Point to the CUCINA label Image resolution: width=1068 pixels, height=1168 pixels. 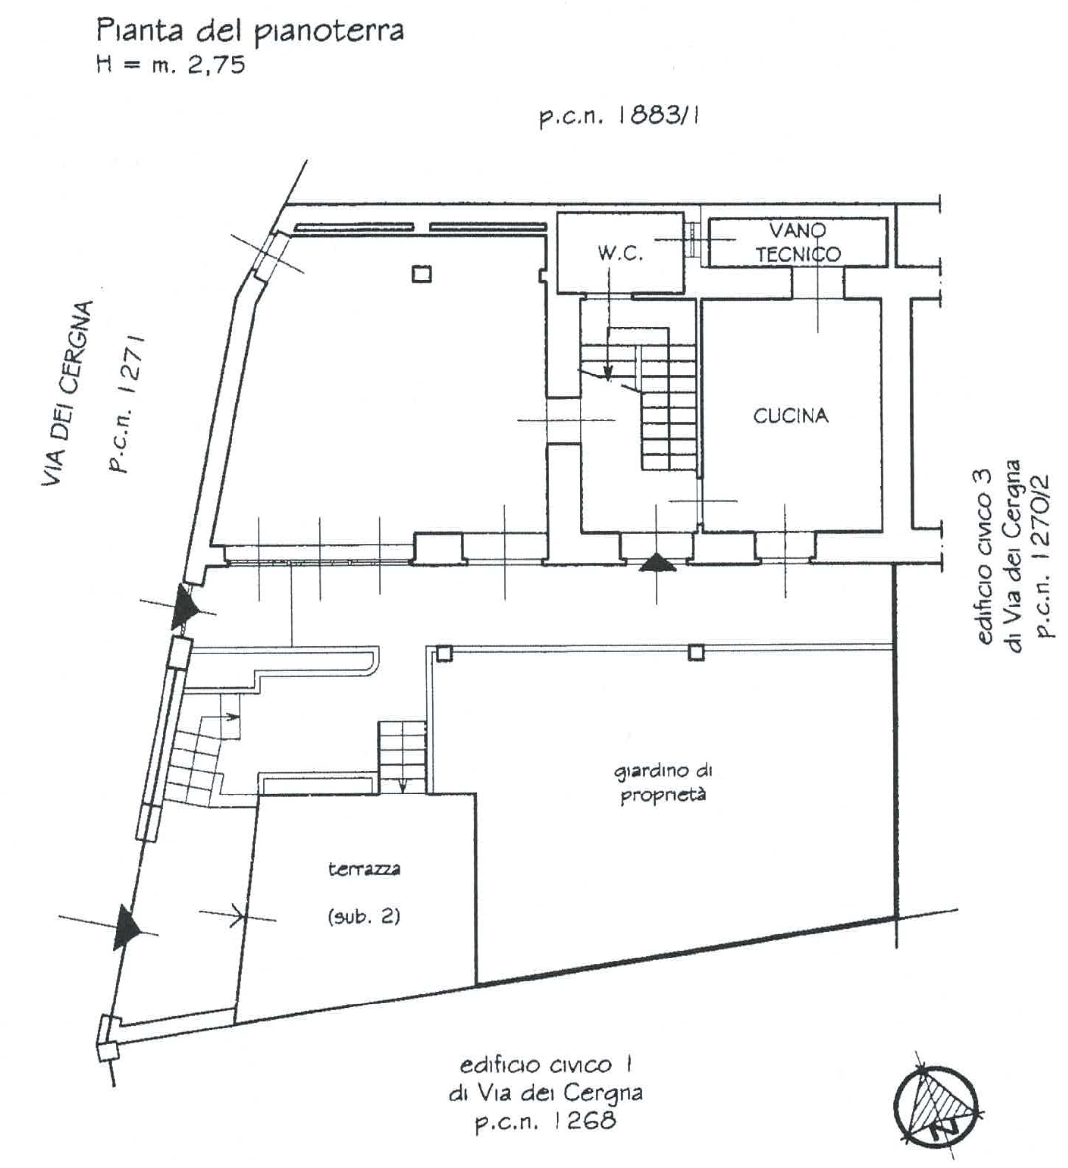click(x=790, y=416)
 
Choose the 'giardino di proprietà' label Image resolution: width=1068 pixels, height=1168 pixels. click(x=663, y=784)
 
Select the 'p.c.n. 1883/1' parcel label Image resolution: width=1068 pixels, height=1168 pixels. click(x=619, y=117)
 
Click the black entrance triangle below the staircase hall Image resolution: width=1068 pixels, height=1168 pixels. click(x=657, y=562)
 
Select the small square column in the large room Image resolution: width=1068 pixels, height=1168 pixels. click(x=421, y=274)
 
